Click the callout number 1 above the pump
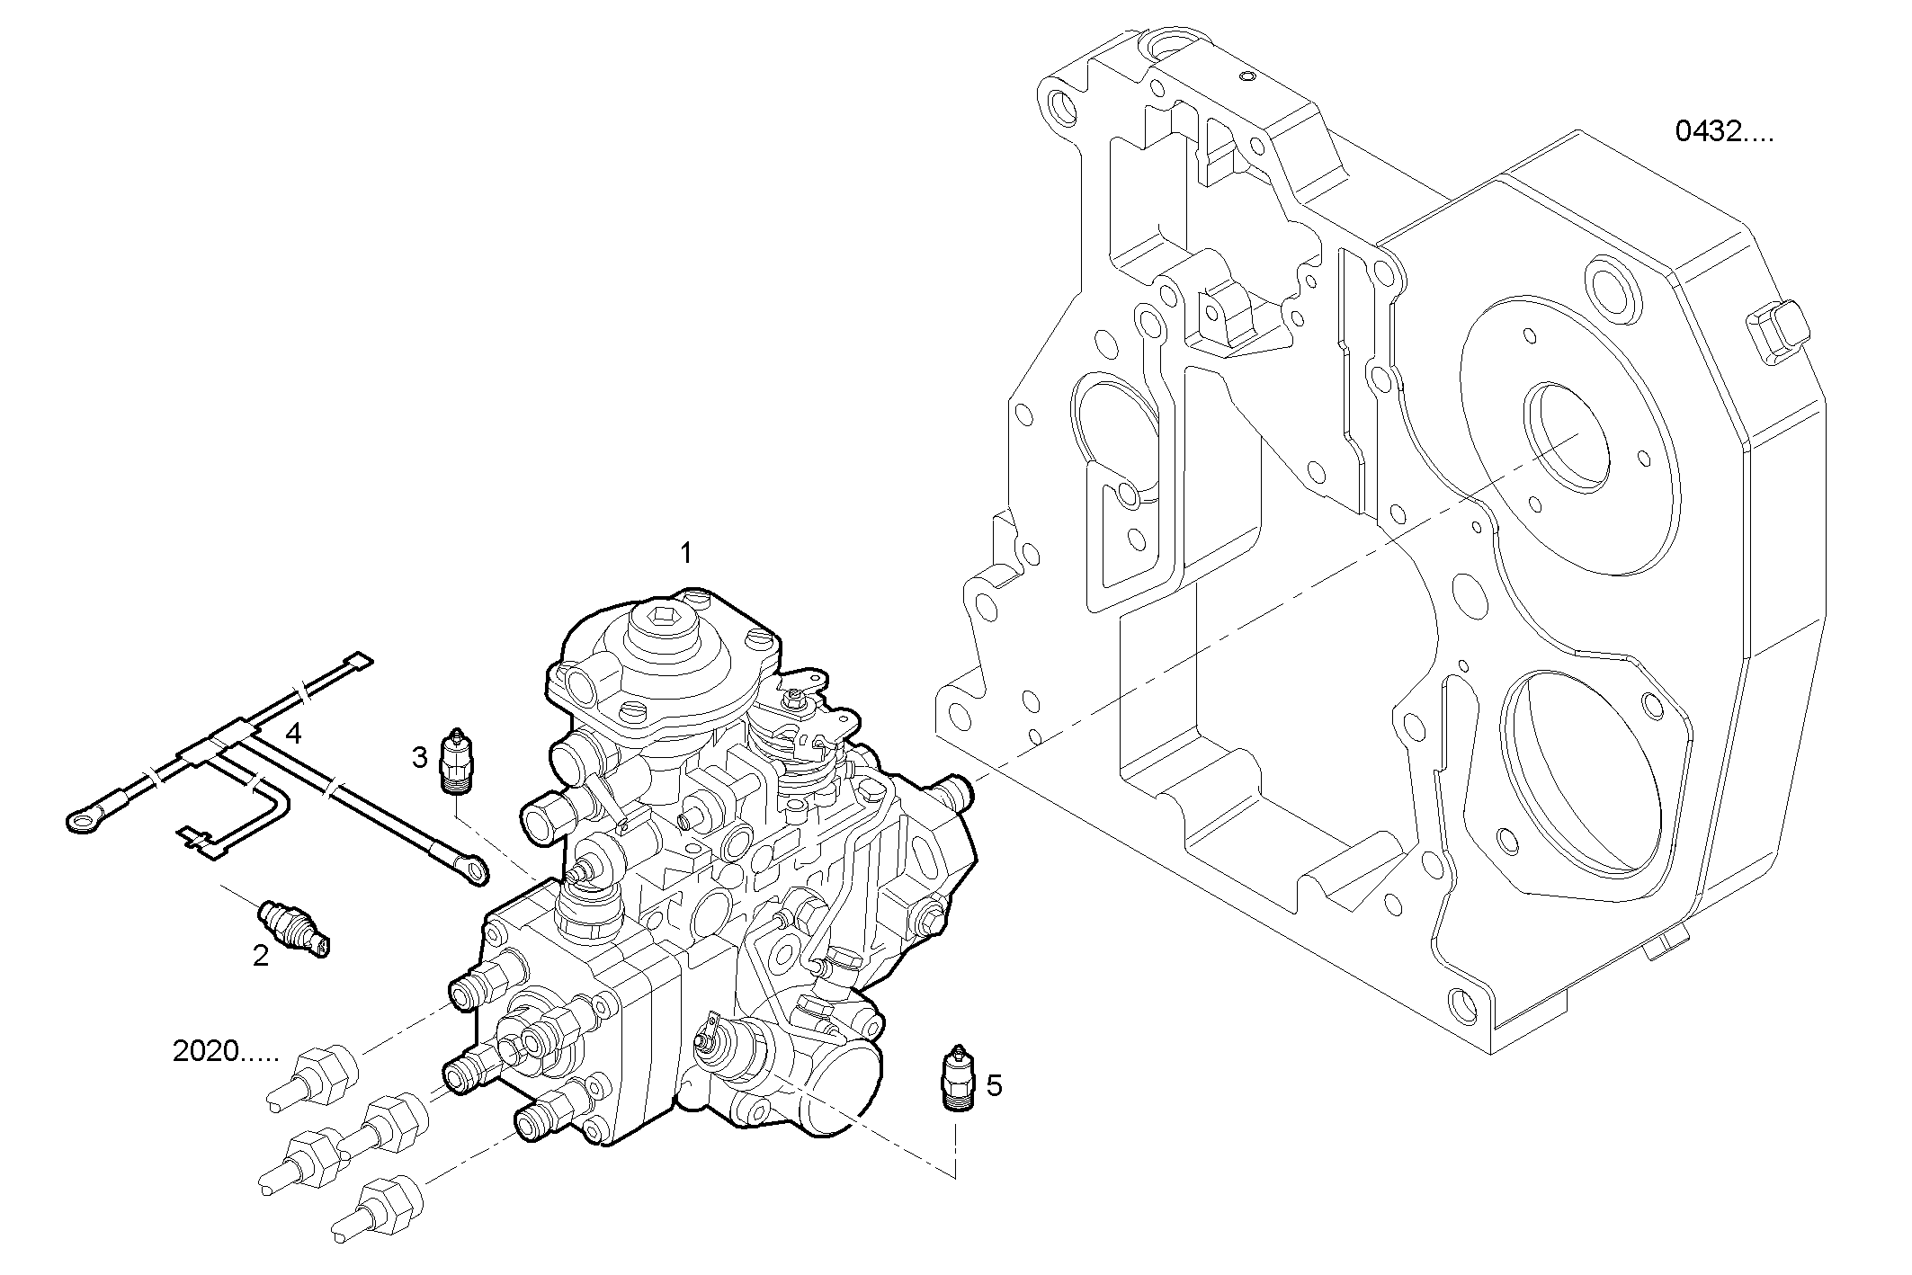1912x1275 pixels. coord(686,553)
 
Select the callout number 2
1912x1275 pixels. coord(261,956)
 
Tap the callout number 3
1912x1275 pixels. coord(419,758)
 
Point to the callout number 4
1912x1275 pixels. coord(293,734)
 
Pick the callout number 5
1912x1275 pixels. coord(994,1085)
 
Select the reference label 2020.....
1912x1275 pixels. coord(226,1051)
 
